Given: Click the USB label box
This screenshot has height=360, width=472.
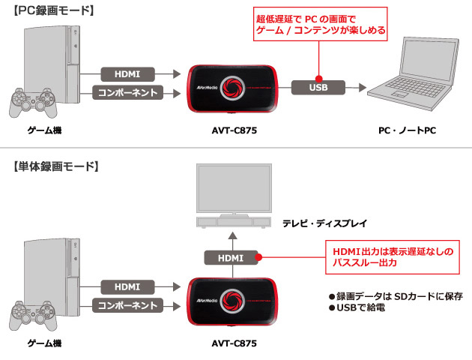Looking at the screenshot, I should click(318, 87).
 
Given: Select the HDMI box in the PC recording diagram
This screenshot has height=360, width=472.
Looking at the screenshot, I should click(127, 74).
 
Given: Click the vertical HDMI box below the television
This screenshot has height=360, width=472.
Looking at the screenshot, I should click(231, 257).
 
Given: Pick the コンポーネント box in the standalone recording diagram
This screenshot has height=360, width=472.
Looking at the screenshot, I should click(127, 306).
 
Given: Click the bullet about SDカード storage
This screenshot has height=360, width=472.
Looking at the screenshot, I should click(391, 295).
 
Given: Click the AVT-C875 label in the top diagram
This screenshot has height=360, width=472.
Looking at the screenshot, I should click(232, 130).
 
